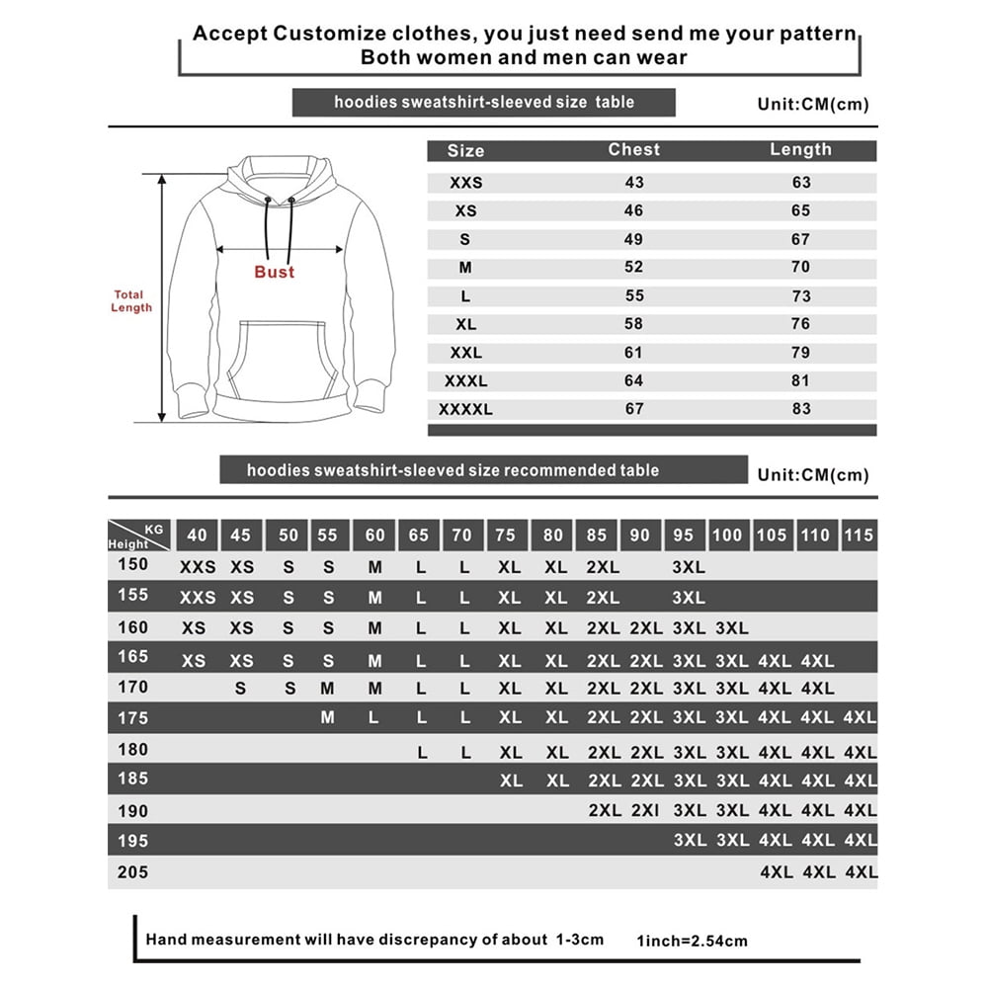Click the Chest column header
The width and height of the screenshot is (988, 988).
coord(633,149)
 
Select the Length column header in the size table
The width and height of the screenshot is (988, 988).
coord(800,149)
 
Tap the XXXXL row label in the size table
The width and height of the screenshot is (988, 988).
coord(464,409)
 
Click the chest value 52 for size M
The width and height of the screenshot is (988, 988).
coord(633,267)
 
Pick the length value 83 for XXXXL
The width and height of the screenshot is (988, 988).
coord(800,409)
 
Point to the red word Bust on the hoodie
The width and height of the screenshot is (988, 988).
coord(275,272)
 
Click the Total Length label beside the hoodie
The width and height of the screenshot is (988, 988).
coord(131,301)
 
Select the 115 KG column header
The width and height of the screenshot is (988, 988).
coord(859,535)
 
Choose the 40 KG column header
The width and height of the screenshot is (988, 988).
coord(198,535)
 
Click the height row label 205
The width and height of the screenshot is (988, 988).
coord(132,872)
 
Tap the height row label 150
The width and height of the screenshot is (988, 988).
coord(132,565)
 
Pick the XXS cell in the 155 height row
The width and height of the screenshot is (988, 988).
coord(198,598)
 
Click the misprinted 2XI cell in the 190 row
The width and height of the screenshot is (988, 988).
coord(646,811)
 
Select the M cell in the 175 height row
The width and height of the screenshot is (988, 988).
coord(328,718)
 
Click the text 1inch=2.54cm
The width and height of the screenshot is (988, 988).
coord(692,942)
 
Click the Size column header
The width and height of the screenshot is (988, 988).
coord(465,151)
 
